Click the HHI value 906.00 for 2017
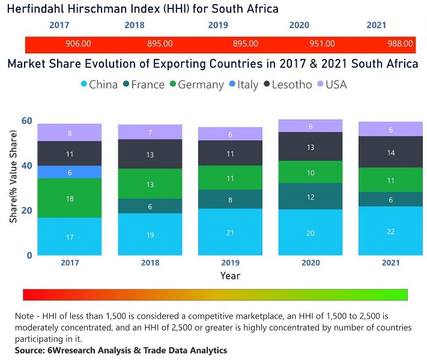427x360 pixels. point(78,44)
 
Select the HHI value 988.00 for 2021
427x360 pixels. point(400,44)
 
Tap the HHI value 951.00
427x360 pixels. point(323,44)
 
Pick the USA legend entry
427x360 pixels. point(335,85)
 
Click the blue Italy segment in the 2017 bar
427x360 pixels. point(70,172)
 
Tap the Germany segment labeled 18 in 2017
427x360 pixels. point(70,198)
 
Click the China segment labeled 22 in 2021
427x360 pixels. point(390,232)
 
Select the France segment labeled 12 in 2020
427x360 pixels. point(310,197)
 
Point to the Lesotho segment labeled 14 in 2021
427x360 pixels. point(390,152)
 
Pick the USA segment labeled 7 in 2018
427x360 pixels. point(150,132)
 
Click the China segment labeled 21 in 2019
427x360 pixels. point(230,232)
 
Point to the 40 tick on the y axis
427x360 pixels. point(26,166)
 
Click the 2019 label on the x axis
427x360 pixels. point(230,263)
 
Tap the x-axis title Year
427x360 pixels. point(230,276)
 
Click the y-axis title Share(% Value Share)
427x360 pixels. point(13,188)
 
